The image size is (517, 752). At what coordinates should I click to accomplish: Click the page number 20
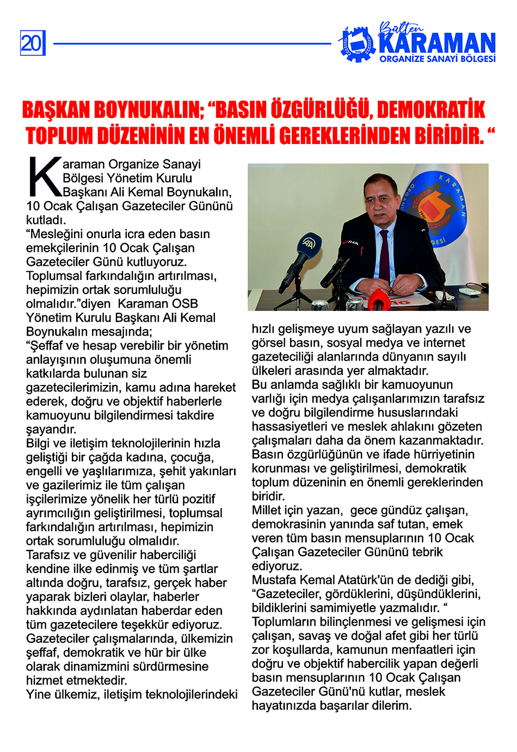pos(32,43)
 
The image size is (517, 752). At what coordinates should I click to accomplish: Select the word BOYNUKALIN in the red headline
pos(147,110)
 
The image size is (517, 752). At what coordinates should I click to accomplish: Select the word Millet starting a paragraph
pos(267,510)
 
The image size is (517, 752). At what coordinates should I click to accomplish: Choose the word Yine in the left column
pos(38,694)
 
